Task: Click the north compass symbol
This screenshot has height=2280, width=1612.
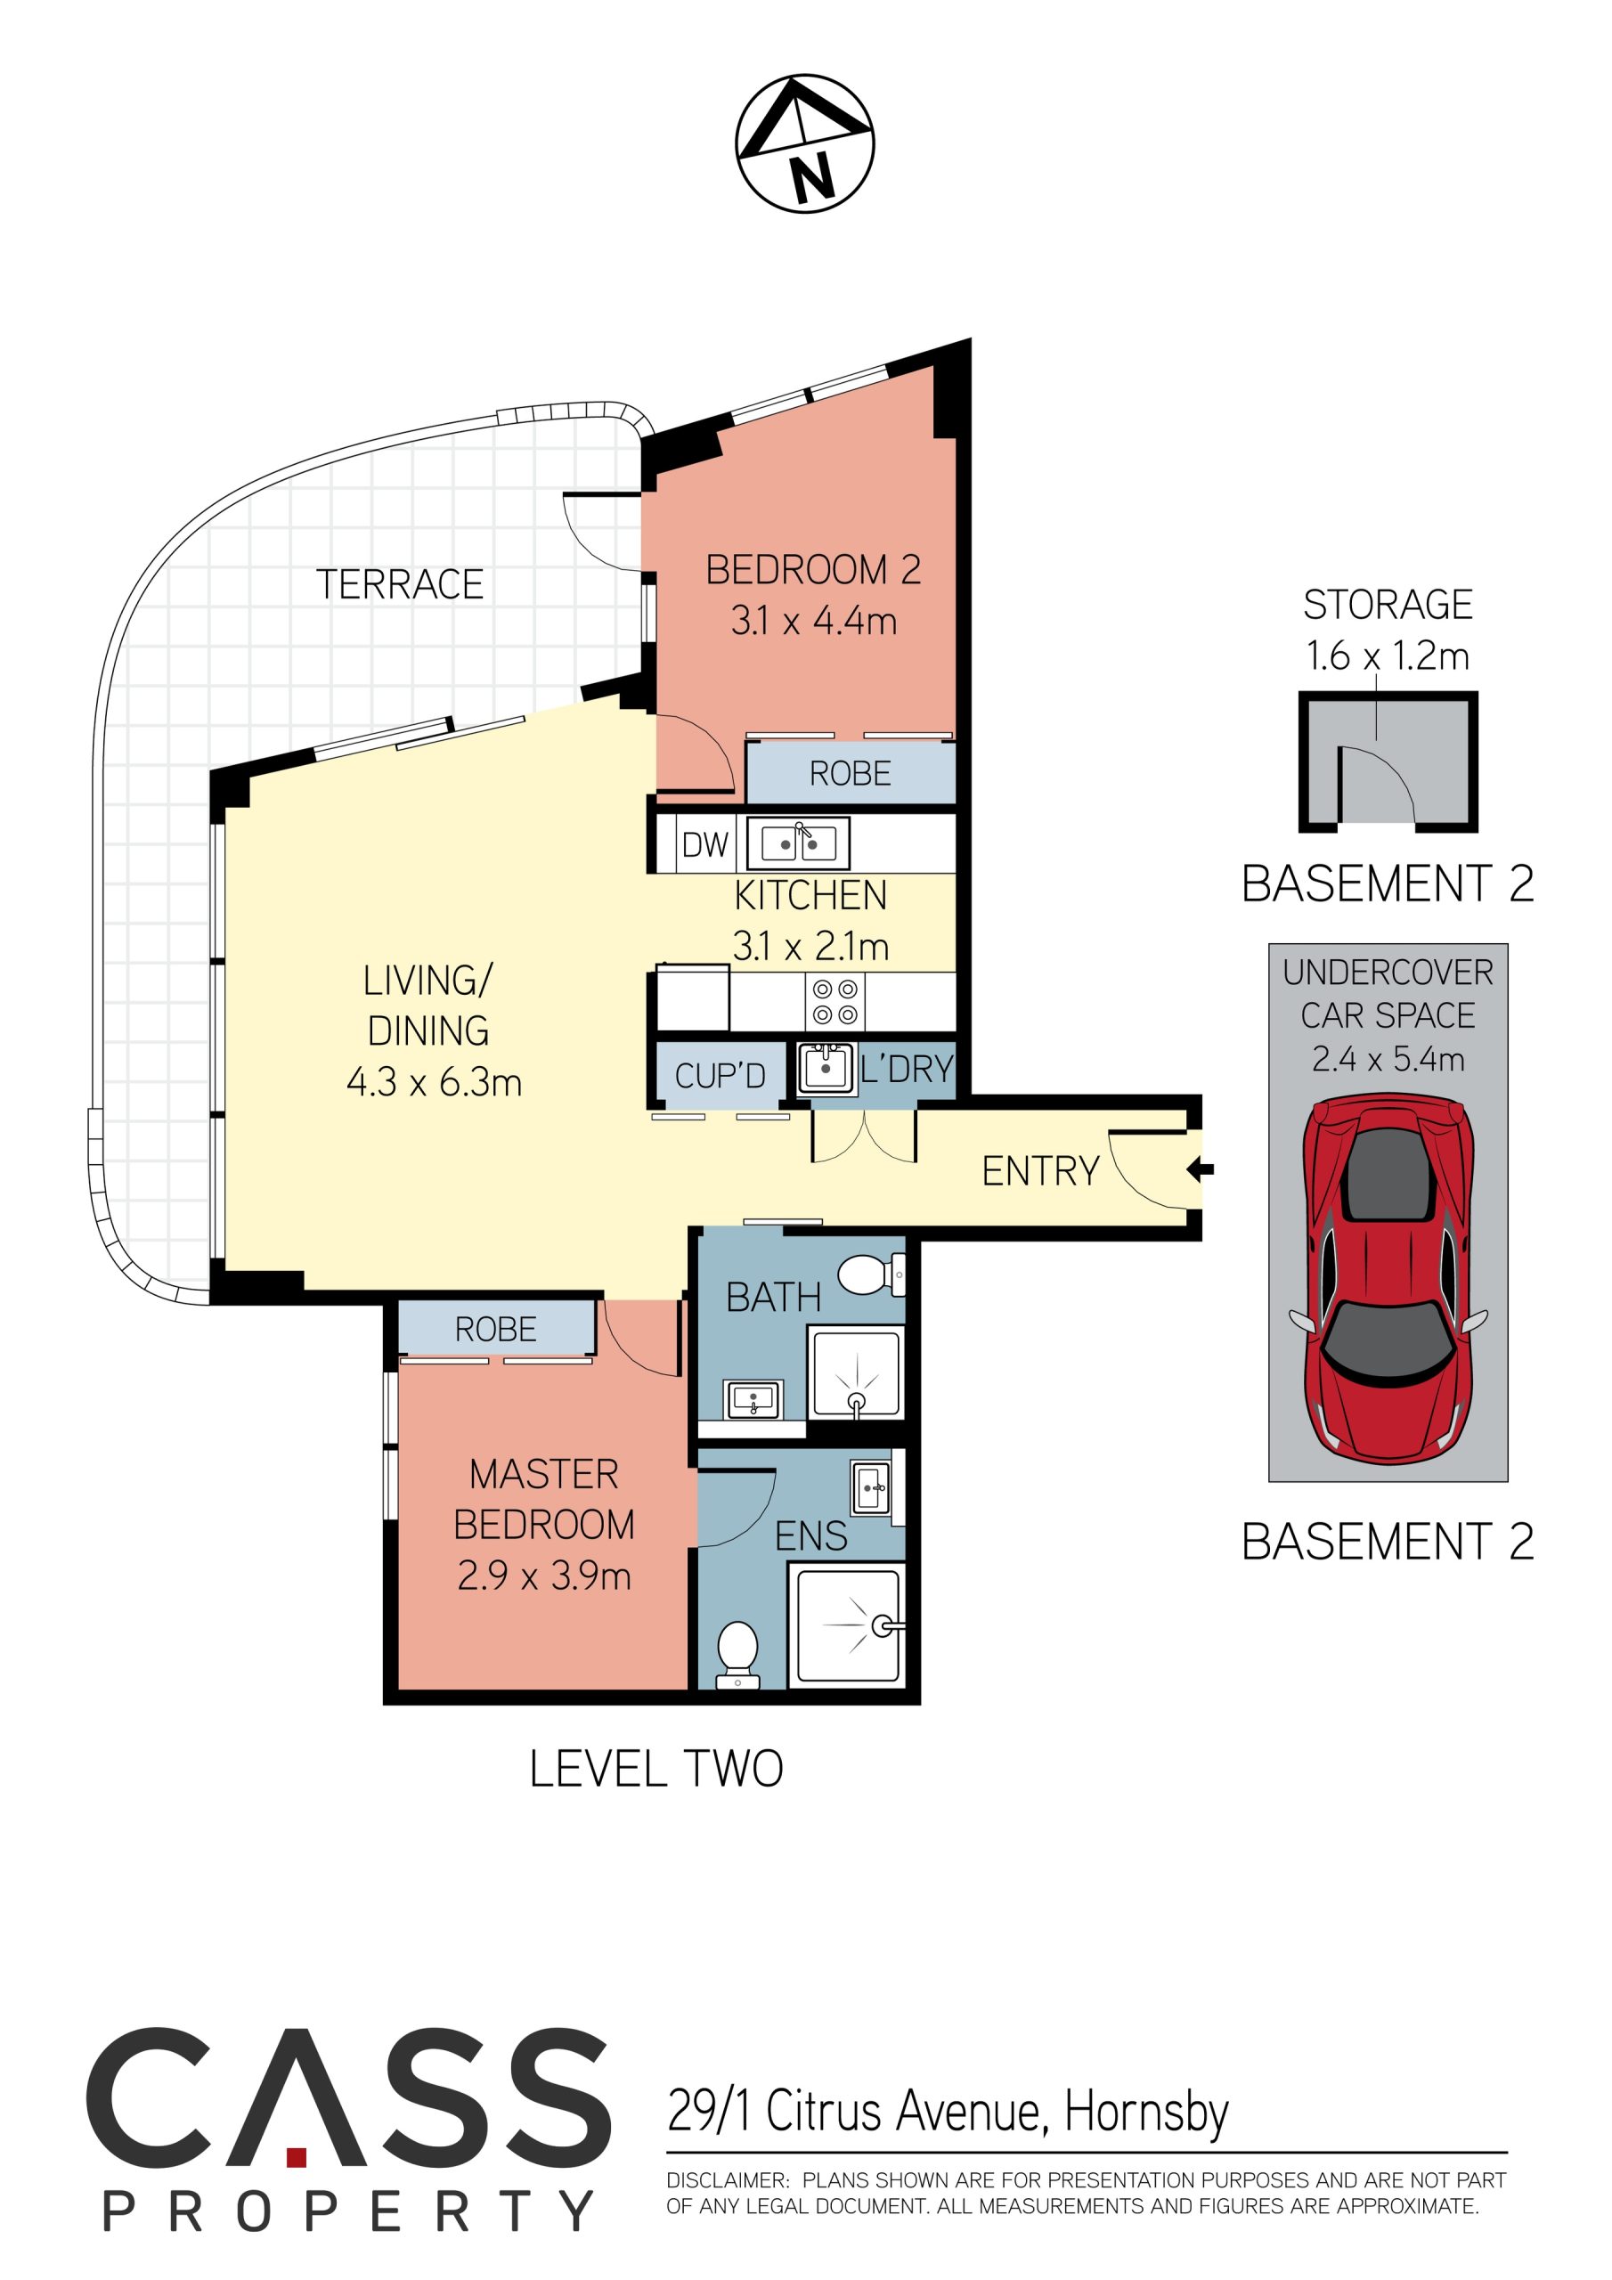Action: click(x=804, y=143)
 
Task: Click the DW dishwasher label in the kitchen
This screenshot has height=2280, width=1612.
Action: click(x=705, y=844)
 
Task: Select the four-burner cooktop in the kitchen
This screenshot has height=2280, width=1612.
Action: click(x=834, y=1002)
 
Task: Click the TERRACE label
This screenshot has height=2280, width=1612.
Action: click(x=399, y=584)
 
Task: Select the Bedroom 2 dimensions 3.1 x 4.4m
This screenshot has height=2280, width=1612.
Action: click(x=813, y=621)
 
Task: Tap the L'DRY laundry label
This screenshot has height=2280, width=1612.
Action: click(x=907, y=1069)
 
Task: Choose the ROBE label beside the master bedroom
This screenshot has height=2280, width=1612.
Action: click(x=495, y=1329)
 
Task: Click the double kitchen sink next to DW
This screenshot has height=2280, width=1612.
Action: click(x=799, y=844)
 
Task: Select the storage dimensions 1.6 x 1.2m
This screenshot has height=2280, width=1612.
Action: click(x=1388, y=655)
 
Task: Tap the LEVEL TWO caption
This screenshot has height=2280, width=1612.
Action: click(x=656, y=1769)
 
